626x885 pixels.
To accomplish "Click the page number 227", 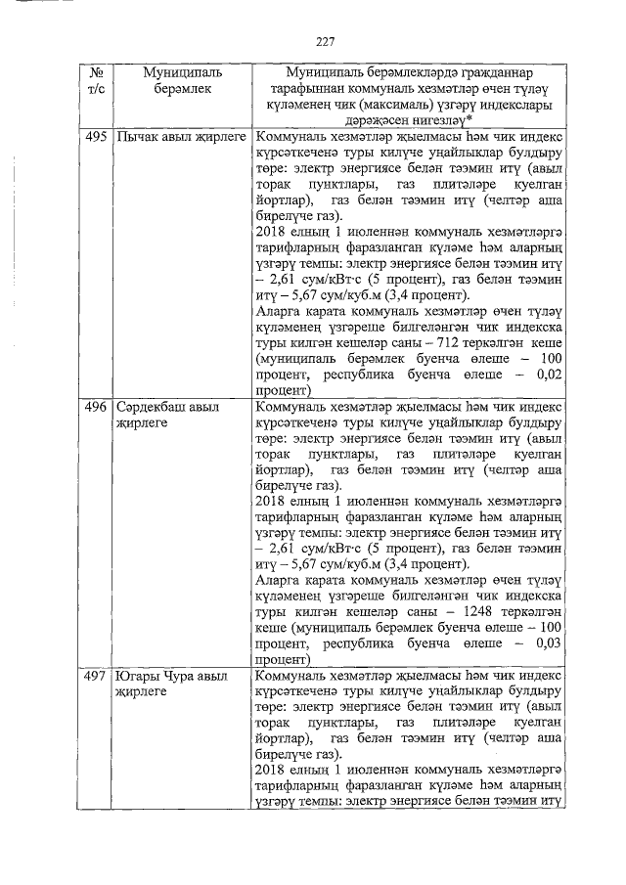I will (x=326, y=41).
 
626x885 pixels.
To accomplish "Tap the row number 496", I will (x=95, y=406).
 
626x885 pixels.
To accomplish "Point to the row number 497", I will (x=95, y=675).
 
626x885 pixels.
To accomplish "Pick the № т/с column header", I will (x=95, y=80).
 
